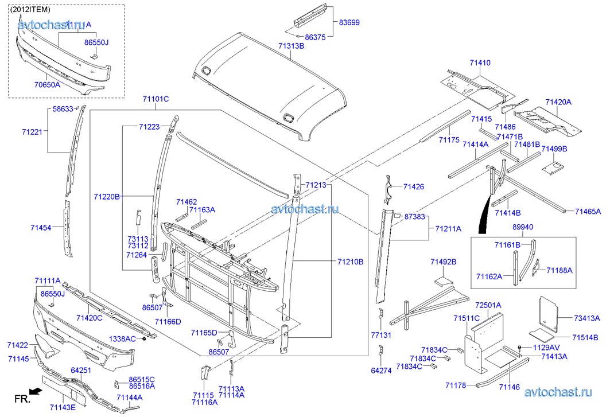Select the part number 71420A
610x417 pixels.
click(558, 102)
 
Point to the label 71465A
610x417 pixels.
click(588, 212)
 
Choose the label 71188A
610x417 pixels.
click(560, 270)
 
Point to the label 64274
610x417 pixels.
click(381, 371)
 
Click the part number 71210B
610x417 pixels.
click(349, 262)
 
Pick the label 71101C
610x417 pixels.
click(156, 99)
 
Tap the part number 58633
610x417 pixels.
click(63, 108)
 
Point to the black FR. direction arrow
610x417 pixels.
click(36, 391)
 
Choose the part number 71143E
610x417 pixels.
click(63, 408)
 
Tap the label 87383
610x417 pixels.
click(414, 217)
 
